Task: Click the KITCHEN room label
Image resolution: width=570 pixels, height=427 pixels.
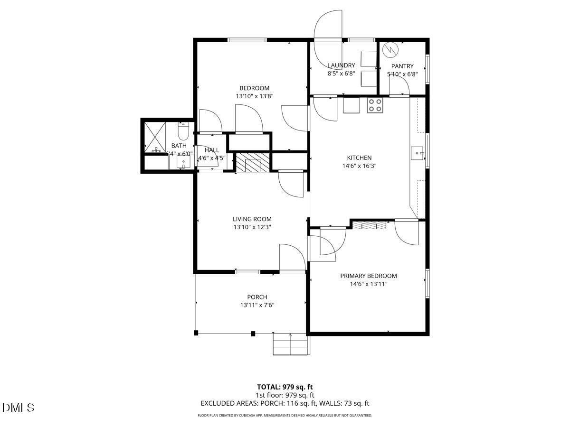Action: click(359, 158)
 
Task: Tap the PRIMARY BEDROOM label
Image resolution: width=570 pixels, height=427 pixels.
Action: click(368, 276)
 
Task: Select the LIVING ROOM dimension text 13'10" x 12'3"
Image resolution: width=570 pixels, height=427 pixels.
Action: click(252, 227)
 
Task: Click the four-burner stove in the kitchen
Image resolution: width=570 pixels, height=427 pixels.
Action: click(375, 105)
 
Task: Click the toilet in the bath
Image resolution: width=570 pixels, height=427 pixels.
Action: click(183, 130)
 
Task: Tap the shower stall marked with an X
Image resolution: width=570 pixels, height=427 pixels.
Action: click(155, 137)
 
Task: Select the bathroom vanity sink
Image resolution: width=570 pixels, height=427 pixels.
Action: click(183, 162)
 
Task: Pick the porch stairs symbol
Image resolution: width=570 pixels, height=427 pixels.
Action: click(290, 344)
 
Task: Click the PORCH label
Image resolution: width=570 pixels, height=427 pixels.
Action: click(257, 297)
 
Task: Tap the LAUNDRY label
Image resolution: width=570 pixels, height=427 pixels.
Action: click(341, 65)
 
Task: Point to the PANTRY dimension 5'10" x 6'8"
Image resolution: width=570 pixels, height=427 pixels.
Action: click(402, 74)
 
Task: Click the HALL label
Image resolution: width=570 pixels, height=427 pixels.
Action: click(212, 150)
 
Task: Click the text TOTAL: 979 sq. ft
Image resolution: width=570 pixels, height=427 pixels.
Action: click(285, 387)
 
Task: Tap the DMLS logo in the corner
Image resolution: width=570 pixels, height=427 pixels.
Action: click(19, 408)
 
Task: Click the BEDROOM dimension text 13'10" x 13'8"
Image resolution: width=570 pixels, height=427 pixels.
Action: click(254, 96)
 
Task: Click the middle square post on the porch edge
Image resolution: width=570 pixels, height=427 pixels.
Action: click(253, 334)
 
